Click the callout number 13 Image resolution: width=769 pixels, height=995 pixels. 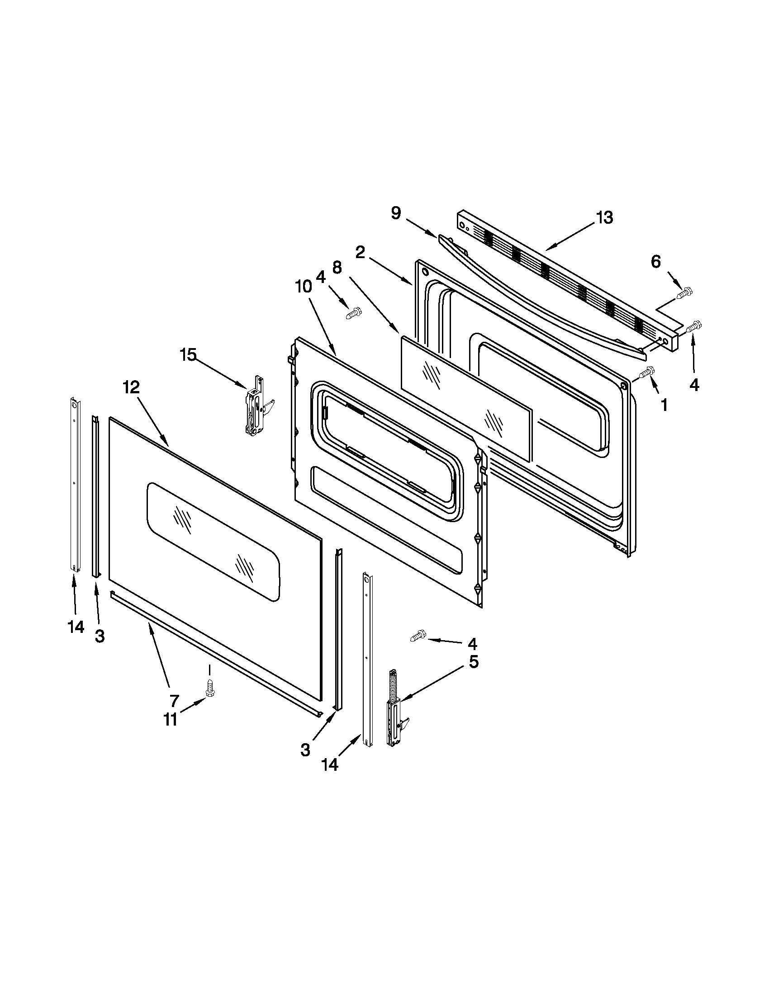pos(604,218)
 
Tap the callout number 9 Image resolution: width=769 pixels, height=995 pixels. pos(396,213)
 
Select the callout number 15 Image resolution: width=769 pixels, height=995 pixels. pos(188,354)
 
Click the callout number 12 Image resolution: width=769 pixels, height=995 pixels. pos(131,387)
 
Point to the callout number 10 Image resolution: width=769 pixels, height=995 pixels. pos(304,287)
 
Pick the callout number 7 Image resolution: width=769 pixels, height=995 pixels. pos(174,700)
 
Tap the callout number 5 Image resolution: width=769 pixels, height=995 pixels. pos(474,661)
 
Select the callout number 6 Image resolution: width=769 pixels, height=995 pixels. pos(655,261)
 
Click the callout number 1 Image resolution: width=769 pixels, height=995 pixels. pos(664,405)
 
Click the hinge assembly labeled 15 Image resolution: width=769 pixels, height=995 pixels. pos(256,406)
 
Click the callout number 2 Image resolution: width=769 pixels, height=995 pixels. pos(360,252)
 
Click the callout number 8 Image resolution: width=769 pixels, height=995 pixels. pos(337,268)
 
